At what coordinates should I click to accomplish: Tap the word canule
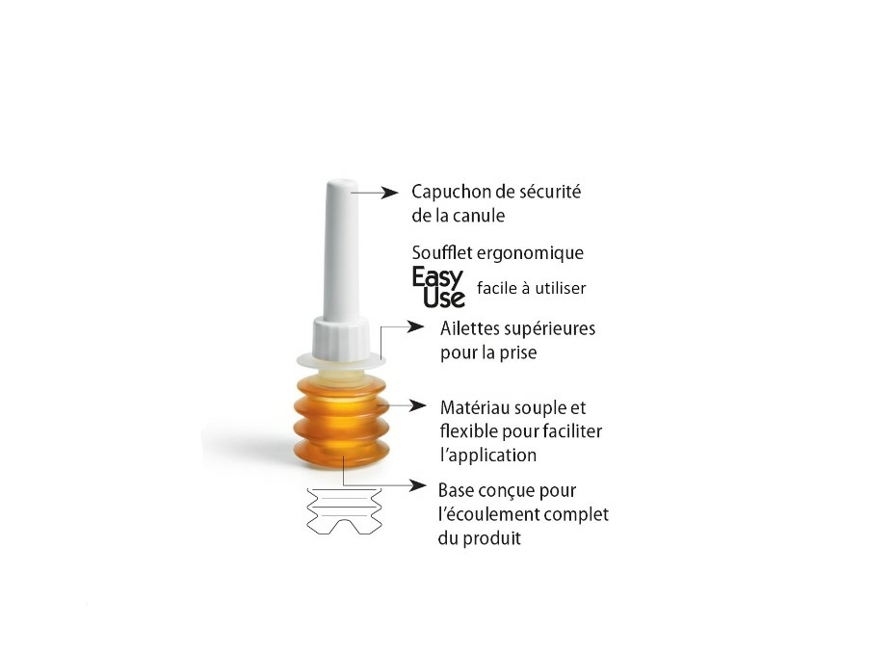click(479, 216)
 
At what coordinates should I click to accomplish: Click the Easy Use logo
click(438, 287)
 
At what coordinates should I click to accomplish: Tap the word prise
click(516, 352)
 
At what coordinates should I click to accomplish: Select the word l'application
click(487, 455)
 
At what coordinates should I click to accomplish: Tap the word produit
click(494, 538)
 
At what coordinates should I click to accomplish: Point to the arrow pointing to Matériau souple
click(405, 406)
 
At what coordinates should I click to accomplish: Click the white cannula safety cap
click(340, 250)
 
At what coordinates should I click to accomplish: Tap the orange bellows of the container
click(341, 424)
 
